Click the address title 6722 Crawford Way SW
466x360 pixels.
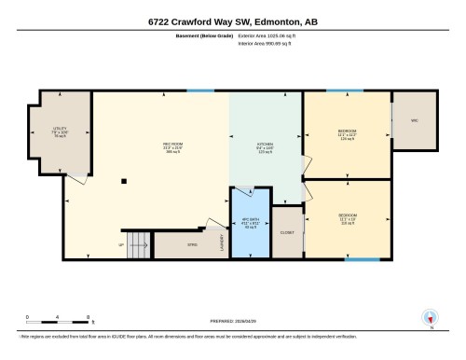(x=232, y=21)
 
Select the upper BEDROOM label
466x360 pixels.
(x=348, y=134)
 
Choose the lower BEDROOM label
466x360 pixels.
(x=348, y=219)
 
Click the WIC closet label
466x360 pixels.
(x=414, y=120)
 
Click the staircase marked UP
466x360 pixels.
(x=138, y=244)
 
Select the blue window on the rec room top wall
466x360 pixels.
(x=199, y=90)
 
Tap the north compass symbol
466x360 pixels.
(x=430, y=319)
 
